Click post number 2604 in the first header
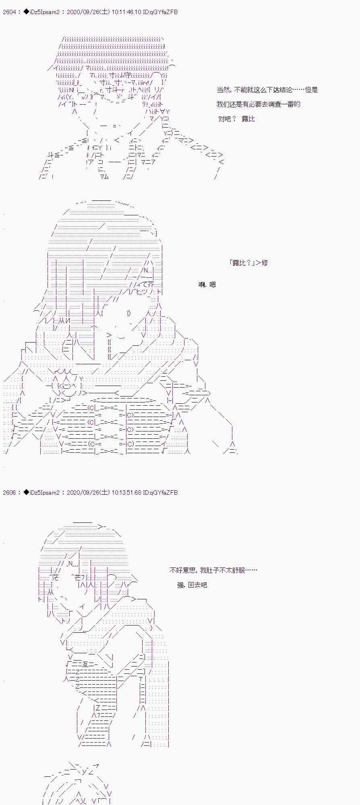pyautogui.click(x=9, y=12)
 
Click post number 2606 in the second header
pyautogui.click(x=9, y=493)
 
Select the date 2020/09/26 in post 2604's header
pyautogui.click(x=82, y=12)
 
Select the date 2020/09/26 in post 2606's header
pyautogui.click(x=82, y=493)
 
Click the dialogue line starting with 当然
pyautogui.click(x=267, y=90)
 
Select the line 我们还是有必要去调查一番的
pyautogui.click(x=258, y=104)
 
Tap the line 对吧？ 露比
pyautogui.click(x=236, y=119)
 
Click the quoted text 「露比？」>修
pyautogui.click(x=248, y=263)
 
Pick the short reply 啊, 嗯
pyautogui.click(x=207, y=285)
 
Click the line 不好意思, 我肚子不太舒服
pyautogui.click(x=213, y=570)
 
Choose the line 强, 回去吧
pyautogui.click(x=192, y=585)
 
